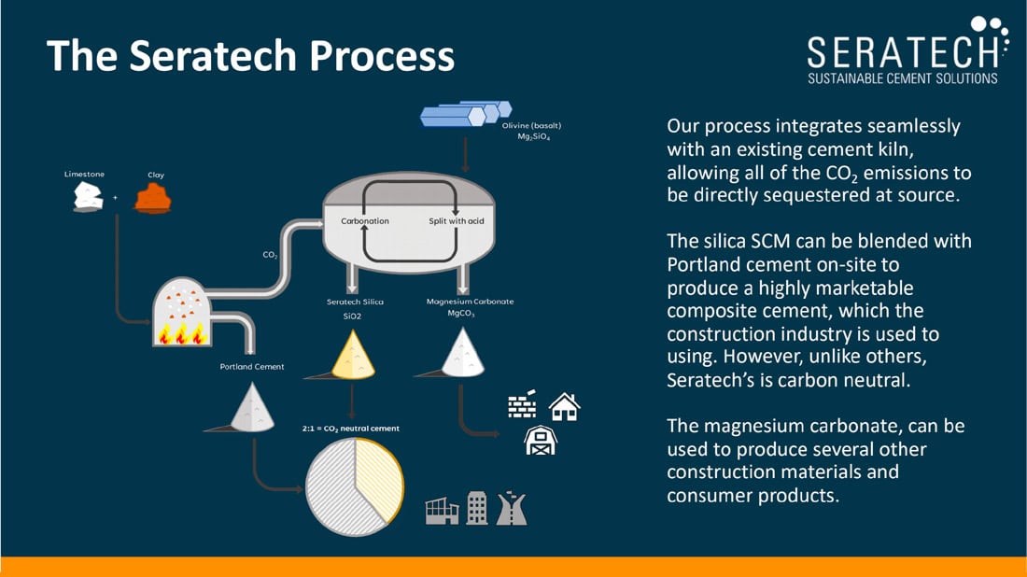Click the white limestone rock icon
coord(88,197)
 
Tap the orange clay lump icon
coord(152,199)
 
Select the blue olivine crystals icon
coord(466,113)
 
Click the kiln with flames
coord(181,312)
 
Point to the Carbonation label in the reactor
coord(365,221)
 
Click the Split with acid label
coord(457,221)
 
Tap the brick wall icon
coord(522,404)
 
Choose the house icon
coord(565,407)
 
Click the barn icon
coord(541,440)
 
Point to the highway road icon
coord(512,508)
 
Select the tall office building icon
coord(477,508)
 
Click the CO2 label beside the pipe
coord(270,255)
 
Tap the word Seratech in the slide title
coord(213,55)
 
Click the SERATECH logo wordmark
coord(903,52)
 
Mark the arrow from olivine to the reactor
coord(465,155)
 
